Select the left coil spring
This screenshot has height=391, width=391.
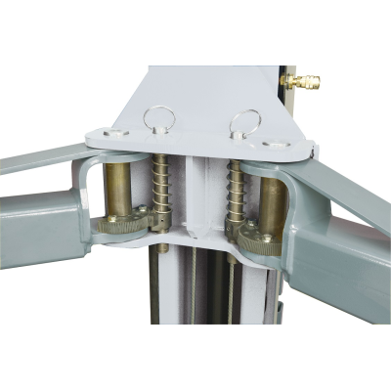(x=159, y=191)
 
